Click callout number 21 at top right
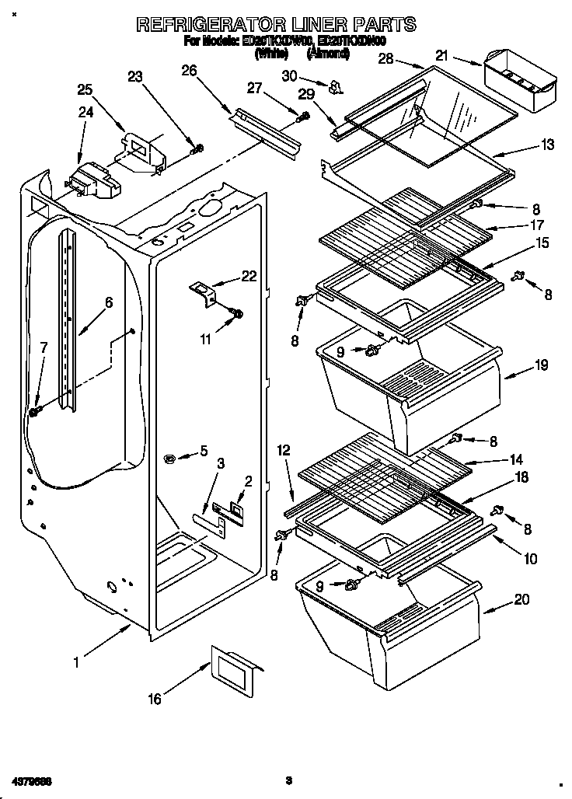click(442, 55)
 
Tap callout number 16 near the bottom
click(155, 699)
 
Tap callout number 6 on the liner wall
click(108, 303)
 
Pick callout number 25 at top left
click(85, 89)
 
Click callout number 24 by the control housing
click(84, 112)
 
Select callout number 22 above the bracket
click(248, 277)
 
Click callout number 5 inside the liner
click(204, 450)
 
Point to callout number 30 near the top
click(290, 75)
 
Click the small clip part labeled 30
click(335, 87)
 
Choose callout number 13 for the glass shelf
click(527, 145)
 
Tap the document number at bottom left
click(32, 780)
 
